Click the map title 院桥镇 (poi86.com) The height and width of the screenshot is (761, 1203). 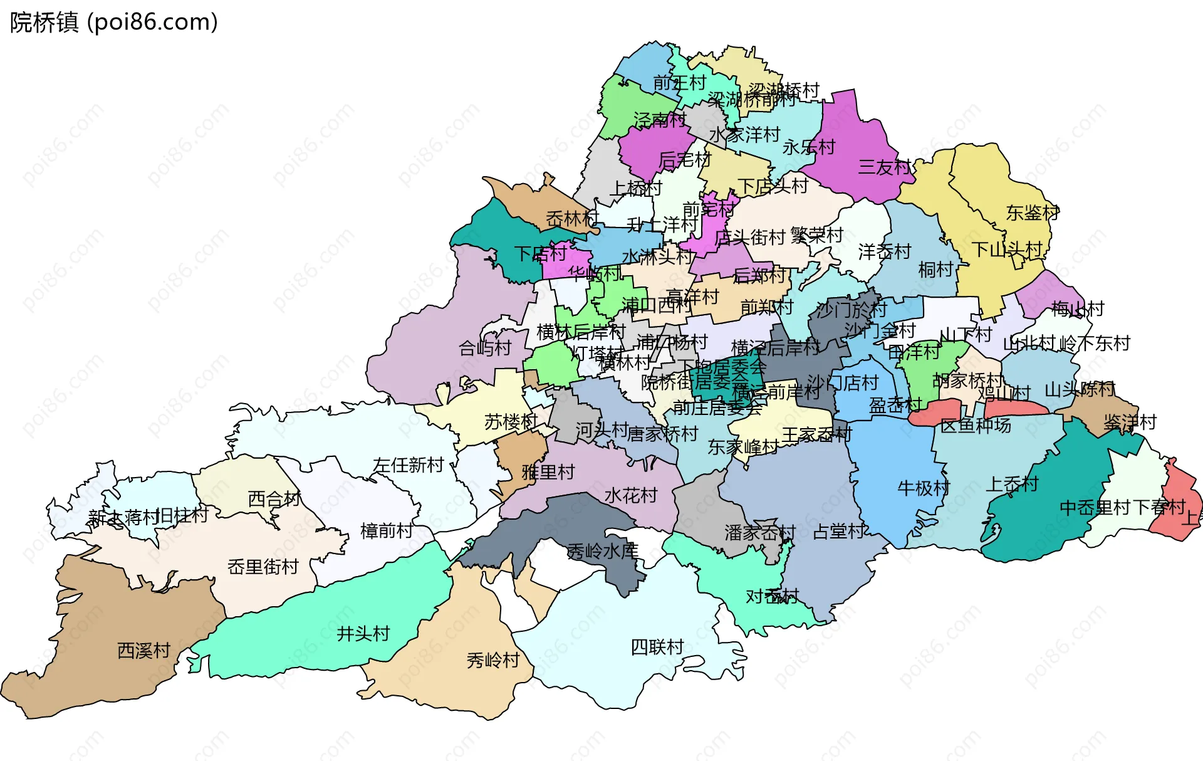113,22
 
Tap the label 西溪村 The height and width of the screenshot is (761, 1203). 143,651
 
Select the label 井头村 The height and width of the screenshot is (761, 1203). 363,634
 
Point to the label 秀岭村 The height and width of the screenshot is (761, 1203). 493,660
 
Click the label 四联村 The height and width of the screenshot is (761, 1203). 657,647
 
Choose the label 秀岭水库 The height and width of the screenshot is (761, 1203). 603,551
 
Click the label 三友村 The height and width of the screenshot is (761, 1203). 884,167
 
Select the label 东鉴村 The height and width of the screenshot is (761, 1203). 1033,213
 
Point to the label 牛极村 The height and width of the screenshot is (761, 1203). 924,488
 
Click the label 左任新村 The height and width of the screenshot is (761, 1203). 408,464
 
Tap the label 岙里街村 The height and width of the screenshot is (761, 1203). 263,567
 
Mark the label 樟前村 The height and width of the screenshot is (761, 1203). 387,531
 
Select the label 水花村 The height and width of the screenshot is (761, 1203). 630,496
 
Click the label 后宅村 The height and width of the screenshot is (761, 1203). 684,160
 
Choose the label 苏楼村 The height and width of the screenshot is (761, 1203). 511,422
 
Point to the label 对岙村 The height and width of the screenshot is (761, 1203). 772,596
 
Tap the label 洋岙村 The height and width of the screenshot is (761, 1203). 884,252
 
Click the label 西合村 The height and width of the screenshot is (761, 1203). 274,499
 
